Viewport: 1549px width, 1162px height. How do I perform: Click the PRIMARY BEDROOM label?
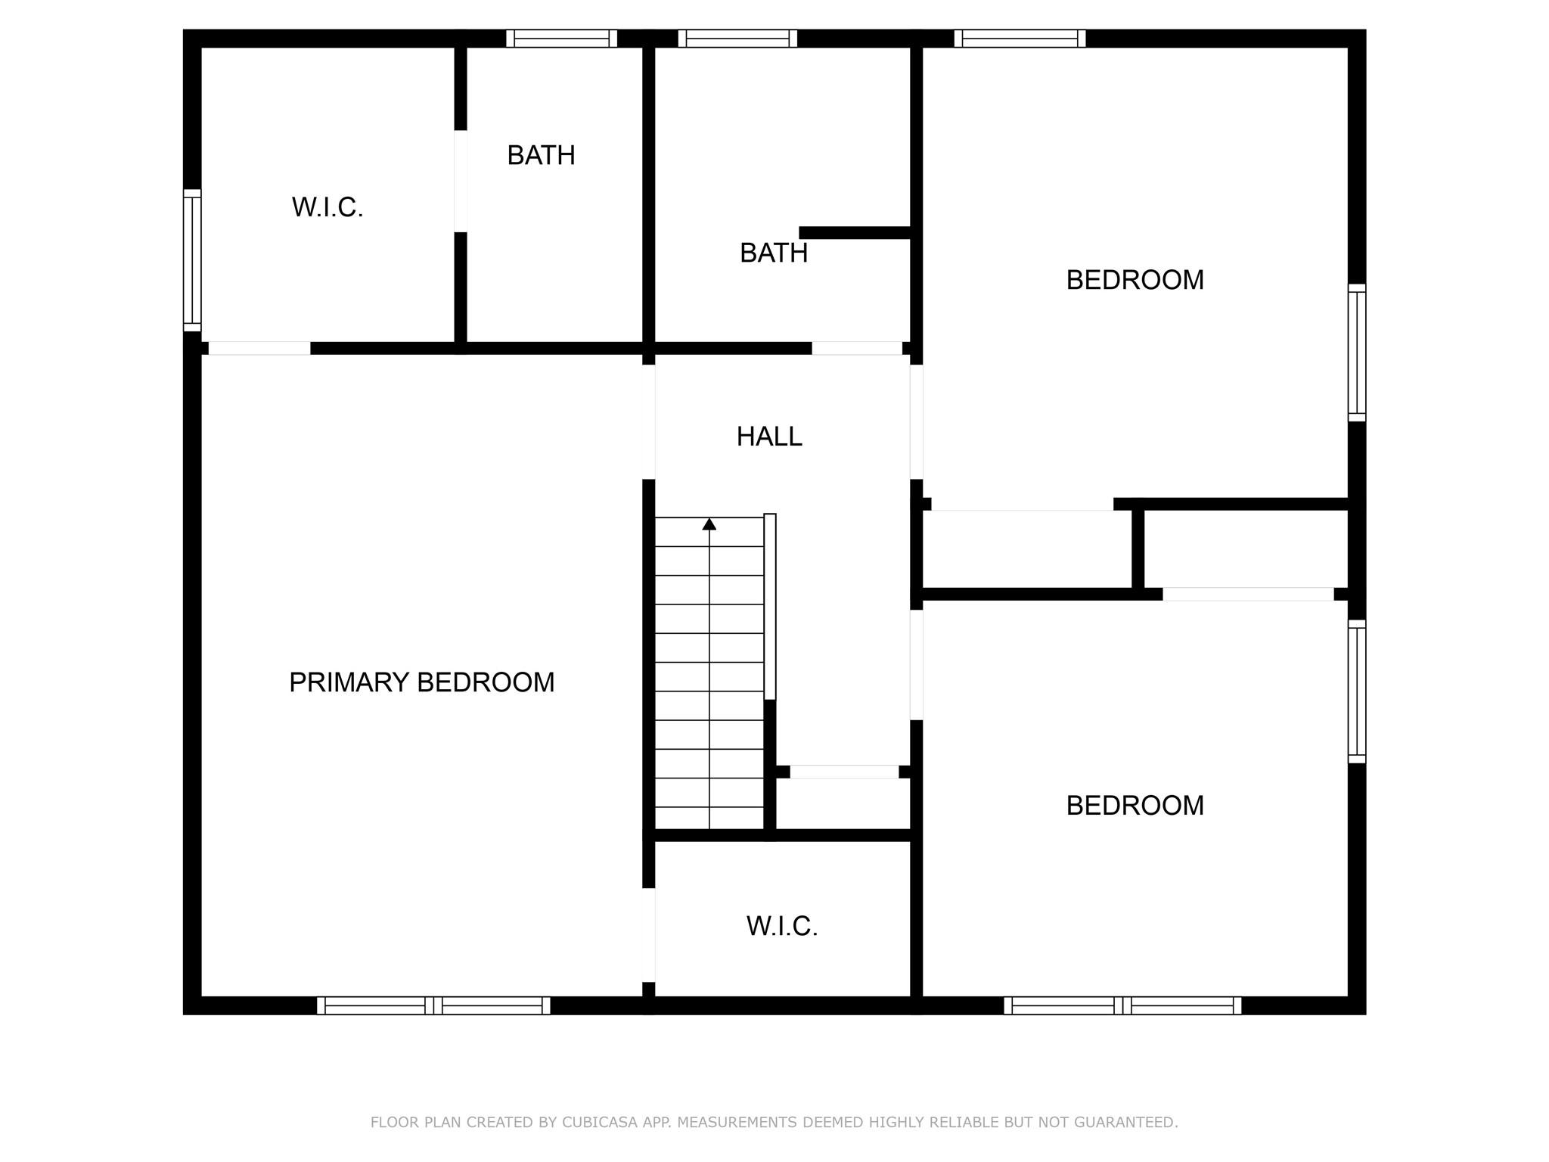[x=421, y=682]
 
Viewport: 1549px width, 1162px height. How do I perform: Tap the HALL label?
[x=769, y=437]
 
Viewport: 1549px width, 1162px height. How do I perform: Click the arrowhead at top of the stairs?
[x=709, y=524]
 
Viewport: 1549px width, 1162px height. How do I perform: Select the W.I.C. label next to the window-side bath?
[x=327, y=207]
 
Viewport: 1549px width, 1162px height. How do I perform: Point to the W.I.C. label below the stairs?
[x=782, y=926]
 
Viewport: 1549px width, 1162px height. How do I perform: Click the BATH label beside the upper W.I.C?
[x=541, y=155]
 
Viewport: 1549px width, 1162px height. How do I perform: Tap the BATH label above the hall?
[x=773, y=253]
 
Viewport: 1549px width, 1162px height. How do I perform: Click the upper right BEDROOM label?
[x=1135, y=280]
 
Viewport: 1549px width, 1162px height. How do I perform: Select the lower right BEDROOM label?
[x=1135, y=806]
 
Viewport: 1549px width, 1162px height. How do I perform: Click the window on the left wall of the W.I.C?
[x=192, y=260]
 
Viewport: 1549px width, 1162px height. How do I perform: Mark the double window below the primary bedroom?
[x=433, y=1005]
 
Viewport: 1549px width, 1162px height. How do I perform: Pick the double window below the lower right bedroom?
[x=1122, y=1005]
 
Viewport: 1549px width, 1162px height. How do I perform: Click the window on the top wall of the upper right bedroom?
[x=1020, y=39]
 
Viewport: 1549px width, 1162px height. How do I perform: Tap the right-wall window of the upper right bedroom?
[x=1357, y=353]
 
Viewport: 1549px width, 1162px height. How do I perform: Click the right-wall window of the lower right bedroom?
[x=1357, y=691]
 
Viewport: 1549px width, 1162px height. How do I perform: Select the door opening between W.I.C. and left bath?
[x=460, y=181]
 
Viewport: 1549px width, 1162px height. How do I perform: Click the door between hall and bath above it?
[x=857, y=348]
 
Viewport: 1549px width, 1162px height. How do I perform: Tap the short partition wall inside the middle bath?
[x=855, y=232]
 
